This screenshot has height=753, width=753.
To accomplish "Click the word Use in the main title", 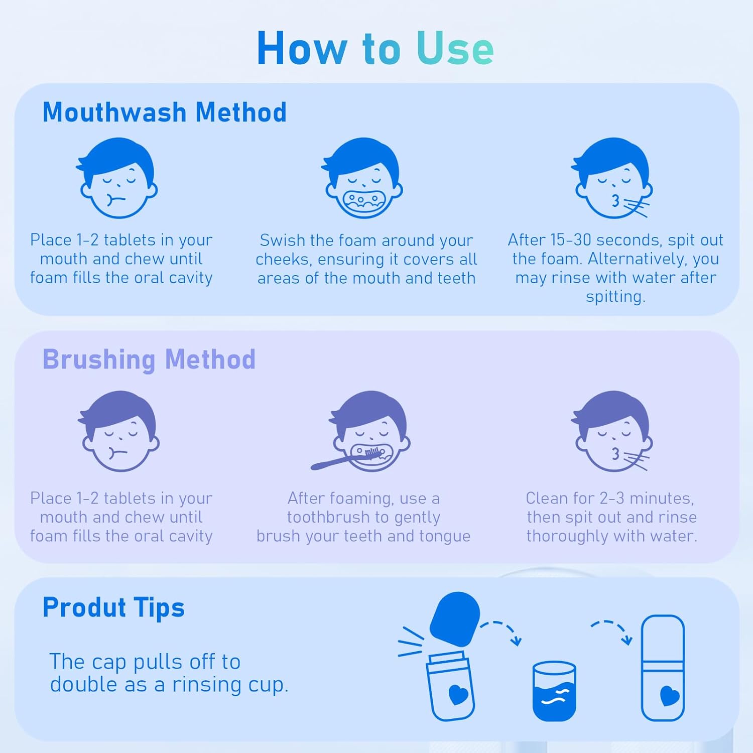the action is [455, 48].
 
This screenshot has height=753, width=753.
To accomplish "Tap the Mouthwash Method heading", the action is [165, 112].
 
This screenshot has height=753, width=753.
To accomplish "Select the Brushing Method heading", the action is [149, 359].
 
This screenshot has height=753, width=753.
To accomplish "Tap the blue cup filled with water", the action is [554, 691].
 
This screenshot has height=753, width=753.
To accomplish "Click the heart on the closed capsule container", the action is [670, 696].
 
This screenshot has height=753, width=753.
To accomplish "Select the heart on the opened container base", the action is [458, 694].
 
